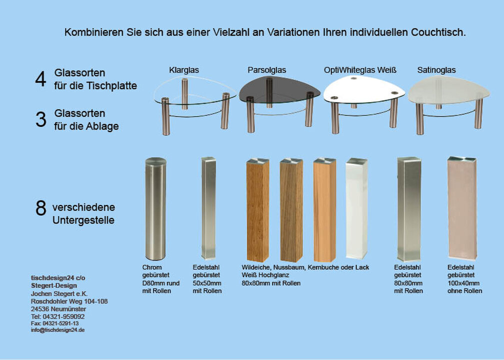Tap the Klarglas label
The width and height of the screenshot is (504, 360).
[184, 70]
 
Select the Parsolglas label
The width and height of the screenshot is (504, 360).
[267, 70]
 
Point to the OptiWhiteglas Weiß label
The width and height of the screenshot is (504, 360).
[360, 70]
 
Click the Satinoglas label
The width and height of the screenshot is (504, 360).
[436, 70]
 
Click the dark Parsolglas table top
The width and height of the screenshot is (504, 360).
[279, 90]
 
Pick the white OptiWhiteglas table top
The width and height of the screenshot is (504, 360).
[364, 89]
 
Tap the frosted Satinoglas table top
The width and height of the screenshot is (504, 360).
[448, 90]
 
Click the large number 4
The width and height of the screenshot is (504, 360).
[40, 79]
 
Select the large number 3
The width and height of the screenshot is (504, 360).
[41, 119]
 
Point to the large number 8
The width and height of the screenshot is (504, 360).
[41, 208]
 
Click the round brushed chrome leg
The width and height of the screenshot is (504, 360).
[155, 208]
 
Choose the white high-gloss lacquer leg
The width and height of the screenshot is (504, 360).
[356, 208]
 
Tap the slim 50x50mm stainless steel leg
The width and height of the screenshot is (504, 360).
[208, 208]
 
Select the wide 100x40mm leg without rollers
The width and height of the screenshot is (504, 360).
[462, 208]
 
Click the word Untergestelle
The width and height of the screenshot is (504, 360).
[83, 220]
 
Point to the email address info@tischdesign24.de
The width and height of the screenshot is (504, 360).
[58, 330]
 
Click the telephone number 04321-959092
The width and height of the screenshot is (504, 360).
[63, 316]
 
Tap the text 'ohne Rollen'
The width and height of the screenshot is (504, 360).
[465, 291]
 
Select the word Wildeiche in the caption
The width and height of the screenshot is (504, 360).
[256, 267]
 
